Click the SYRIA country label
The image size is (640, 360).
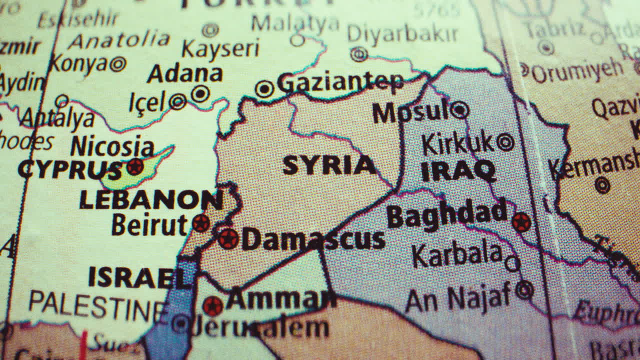[329, 165]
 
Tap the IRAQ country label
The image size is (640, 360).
[458, 171]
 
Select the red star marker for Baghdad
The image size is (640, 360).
[521, 222]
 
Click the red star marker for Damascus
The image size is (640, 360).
[228, 238]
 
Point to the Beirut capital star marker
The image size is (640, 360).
[201, 223]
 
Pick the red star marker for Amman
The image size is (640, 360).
[213, 305]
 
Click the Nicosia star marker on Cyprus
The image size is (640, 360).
[134, 166]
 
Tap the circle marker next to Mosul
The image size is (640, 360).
[459, 110]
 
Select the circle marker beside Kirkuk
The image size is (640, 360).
[505, 142]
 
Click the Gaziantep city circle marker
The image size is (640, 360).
[264, 89]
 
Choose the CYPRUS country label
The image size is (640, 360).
[70, 169]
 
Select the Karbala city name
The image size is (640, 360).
[457, 255]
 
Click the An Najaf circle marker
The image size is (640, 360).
[524, 289]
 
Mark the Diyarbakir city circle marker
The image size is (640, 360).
[358, 54]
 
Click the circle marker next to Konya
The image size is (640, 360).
[118, 64]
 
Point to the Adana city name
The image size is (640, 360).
[184, 74]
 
